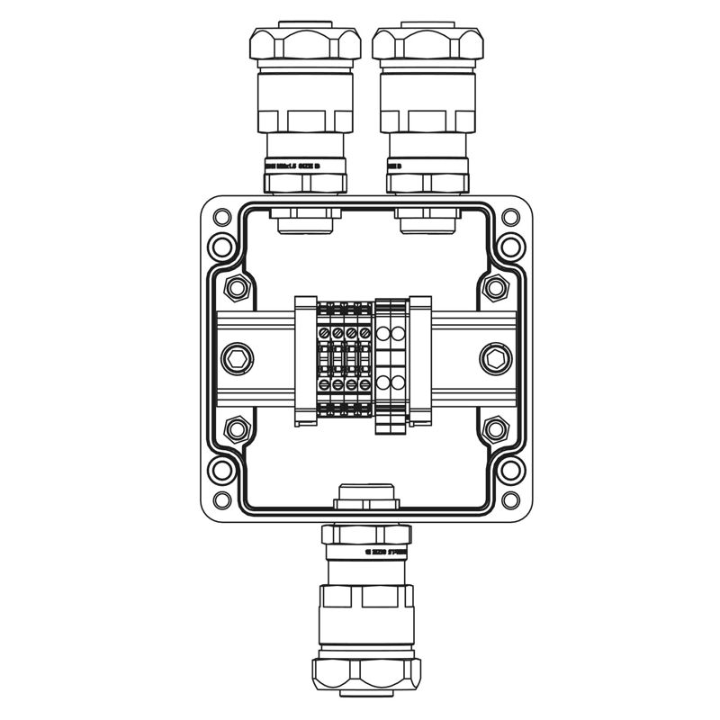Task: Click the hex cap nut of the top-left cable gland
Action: pyautogui.click(x=305, y=44)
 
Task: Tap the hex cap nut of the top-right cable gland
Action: pyautogui.click(x=427, y=44)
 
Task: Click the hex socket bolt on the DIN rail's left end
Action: pyautogui.click(x=238, y=359)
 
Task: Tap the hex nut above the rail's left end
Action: pyautogui.click(x=238, y=288)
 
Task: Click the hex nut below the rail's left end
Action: pyautogui.click(x=238, y=429)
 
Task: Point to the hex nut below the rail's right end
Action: pyautogui.click(x=495, y=429)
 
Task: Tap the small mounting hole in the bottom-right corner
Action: pyautogui.click(x=510, y=500)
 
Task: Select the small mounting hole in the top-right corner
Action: pyautogui.click(x=510, y=217)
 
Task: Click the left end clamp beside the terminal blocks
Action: pyautogui.click(x=306, y=359)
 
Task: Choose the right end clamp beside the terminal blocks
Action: pyautogui.click(x=420, y=359)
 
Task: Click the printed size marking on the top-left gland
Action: pyautogui.click(x=305, y=166)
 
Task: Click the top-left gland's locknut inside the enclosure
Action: pyautogui.click(x=306, y=218)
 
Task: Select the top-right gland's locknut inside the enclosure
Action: pyautogui.click(x=427, y=218)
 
